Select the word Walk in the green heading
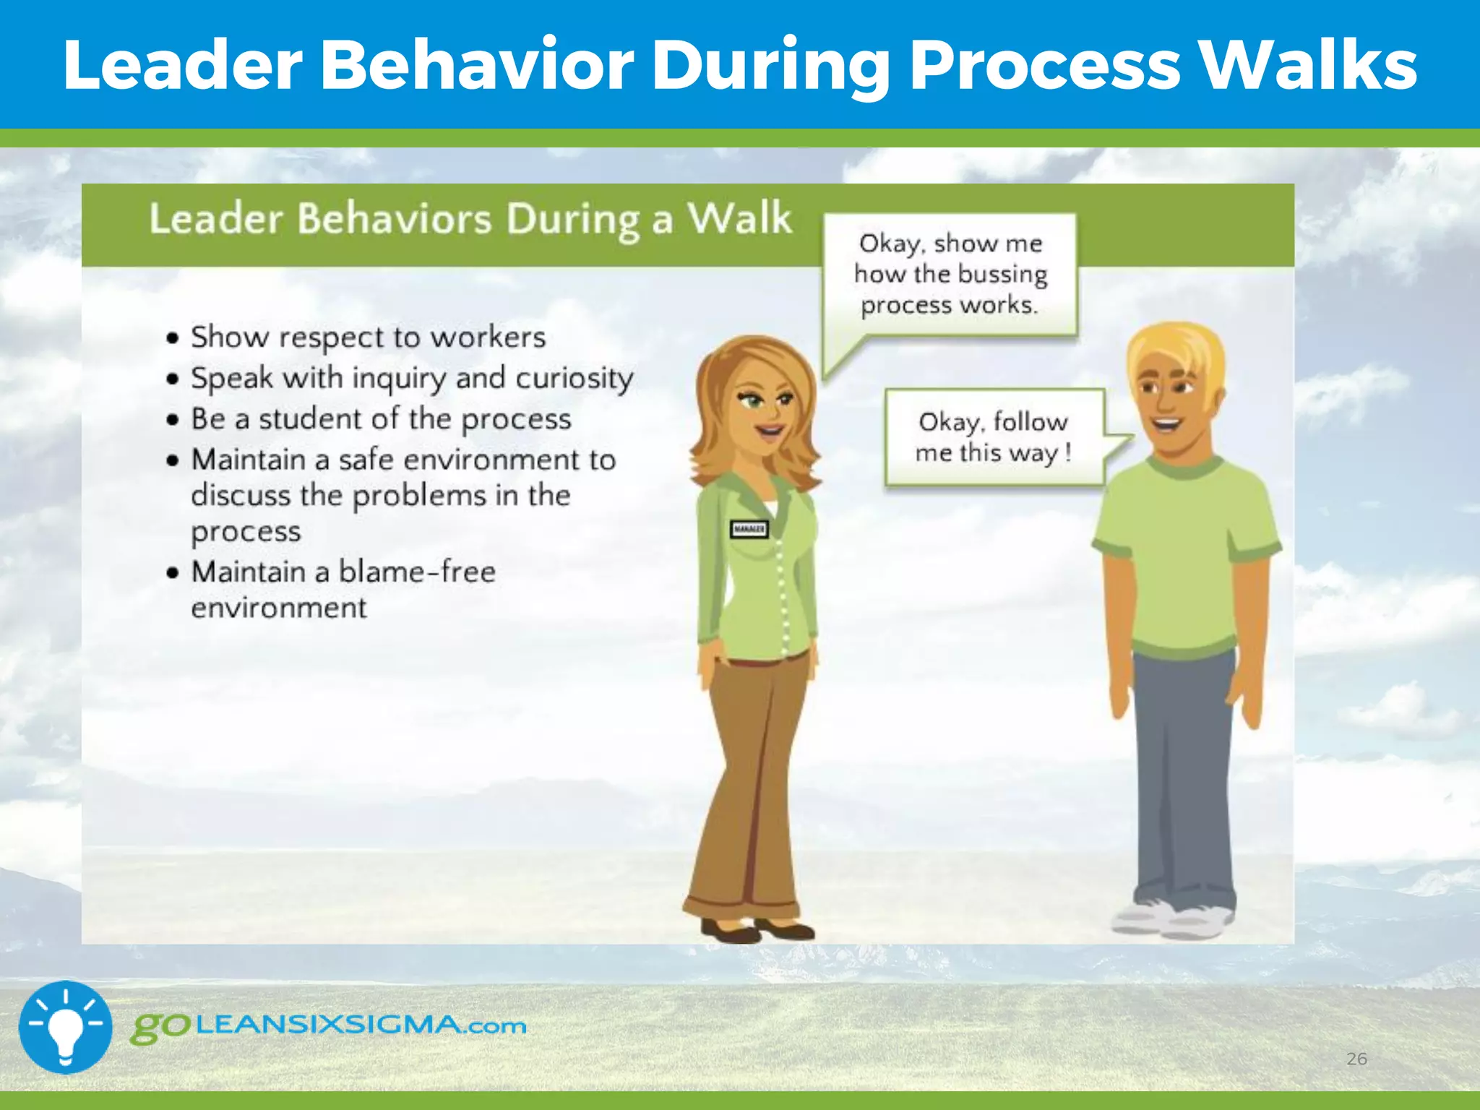[739, 218]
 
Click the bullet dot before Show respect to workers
[172, 338]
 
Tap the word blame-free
[417, 572]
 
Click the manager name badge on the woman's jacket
[749, 530]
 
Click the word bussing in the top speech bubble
[1002, 275]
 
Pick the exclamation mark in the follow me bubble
[1067, 453]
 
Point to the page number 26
[1356, 1059]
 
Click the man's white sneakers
[1171, 919]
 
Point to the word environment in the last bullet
[279, 608]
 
